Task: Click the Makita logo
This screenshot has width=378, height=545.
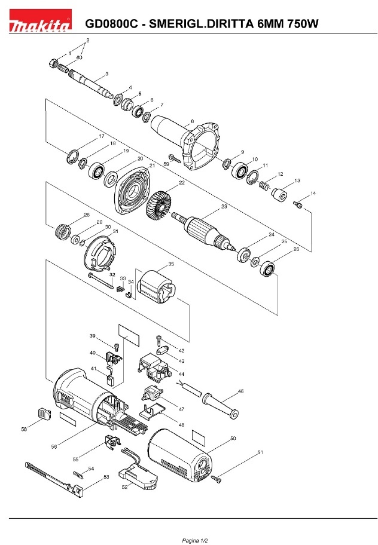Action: tap(40, 21)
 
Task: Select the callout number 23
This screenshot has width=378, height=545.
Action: tap(224, 206)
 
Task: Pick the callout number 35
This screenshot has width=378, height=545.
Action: tap(171, 264)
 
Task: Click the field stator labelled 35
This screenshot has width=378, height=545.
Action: tap(157, 287)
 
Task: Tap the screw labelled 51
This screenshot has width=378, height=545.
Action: tap(216, 479)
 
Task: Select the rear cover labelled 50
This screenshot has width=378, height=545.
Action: tap(179, 456)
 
